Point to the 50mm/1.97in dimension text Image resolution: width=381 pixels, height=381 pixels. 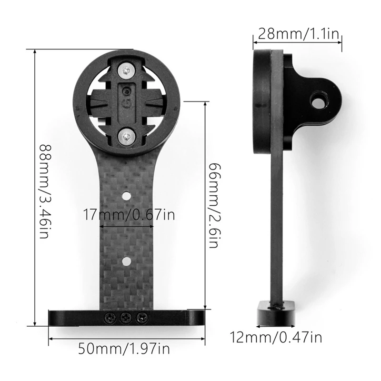[x=123, y=349]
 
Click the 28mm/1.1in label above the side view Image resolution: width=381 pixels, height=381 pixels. [x=297, y=34]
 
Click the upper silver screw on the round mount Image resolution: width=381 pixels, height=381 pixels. [x=126, y=70]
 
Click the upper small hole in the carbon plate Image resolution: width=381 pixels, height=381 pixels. [x=127, y=195]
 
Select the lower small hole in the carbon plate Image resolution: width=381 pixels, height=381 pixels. [x=127, y=260]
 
